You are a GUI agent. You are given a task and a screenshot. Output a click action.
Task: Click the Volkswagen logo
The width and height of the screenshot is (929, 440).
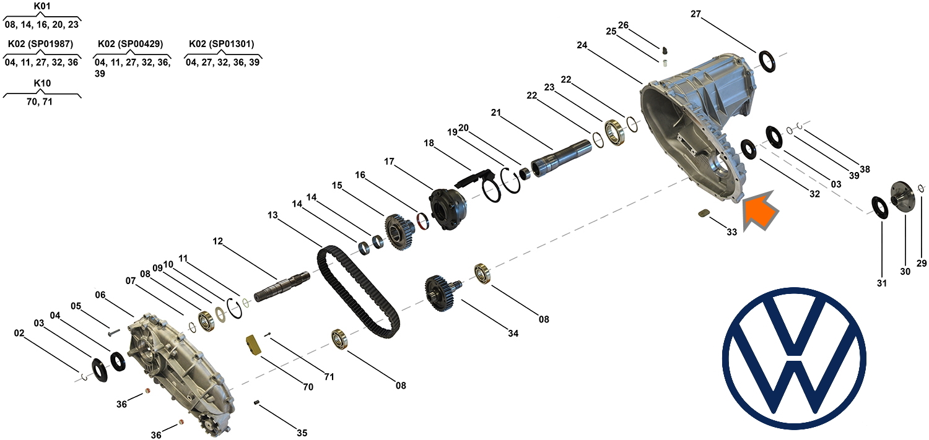tap(794, 359)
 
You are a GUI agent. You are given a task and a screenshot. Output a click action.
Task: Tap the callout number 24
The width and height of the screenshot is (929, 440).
tap(582, 45)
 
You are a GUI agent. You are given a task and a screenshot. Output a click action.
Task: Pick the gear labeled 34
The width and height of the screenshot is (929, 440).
tap(440, 292)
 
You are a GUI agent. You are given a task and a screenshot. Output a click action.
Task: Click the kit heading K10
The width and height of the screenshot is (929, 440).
tap(42, 83)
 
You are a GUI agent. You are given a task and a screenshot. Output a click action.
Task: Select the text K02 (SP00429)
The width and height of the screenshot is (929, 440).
tap(131, 44)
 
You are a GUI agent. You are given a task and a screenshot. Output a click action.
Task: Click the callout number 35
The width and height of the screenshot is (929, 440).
tap(302, 433)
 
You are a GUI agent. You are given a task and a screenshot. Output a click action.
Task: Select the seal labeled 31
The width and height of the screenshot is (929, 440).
tap(881, 207)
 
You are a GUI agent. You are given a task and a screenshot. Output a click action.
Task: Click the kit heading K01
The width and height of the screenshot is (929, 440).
tap(42, 6)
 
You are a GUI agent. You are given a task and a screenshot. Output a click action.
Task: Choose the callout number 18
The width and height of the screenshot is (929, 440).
tap(429, 143)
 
